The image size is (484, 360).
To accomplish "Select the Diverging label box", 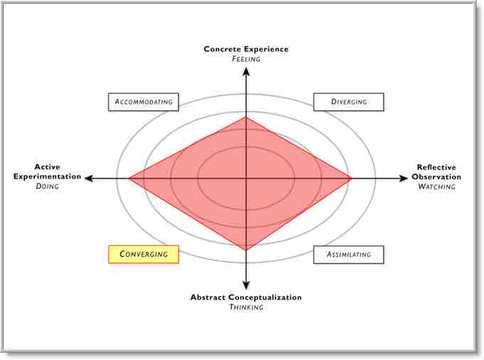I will (349, 102).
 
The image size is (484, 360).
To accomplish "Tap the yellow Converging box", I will (143, 254).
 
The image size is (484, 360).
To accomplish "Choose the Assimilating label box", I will (348, 254).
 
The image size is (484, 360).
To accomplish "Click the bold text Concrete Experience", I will (246, 49).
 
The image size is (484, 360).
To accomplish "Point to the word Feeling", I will (246, 59).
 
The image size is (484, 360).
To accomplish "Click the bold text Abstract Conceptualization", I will (246, 297).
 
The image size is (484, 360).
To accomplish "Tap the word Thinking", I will (246, 307).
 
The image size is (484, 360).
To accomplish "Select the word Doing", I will (47, 186).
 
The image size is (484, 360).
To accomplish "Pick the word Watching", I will (436, 186).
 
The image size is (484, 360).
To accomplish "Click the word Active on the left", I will (47, 166).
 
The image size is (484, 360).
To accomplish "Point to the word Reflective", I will (436, 167).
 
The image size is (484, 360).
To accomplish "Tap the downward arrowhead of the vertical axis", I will (246, 287).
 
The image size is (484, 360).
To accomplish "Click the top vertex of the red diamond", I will (246, 117).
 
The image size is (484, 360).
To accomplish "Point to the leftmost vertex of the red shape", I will (129, 179).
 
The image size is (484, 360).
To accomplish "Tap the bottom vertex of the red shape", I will (246, 250).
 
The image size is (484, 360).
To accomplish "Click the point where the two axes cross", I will (246, 179).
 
